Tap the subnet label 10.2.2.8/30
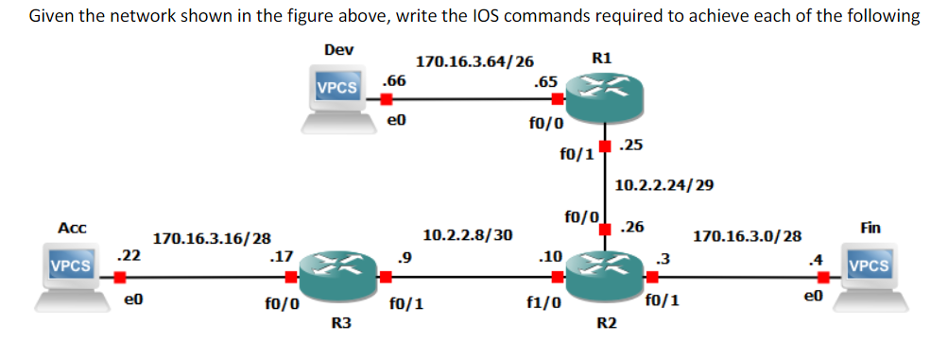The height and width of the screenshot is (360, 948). coord(468,233)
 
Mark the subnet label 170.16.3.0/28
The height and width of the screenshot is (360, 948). coord(748,235)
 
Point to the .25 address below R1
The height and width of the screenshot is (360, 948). coord(632,145)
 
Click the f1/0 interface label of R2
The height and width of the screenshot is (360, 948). coord(543,304)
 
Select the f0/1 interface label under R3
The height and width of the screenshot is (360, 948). coord(405,304)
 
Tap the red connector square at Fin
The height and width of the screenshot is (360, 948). coord(824,278)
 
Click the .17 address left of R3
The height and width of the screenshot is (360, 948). coord(281,255)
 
